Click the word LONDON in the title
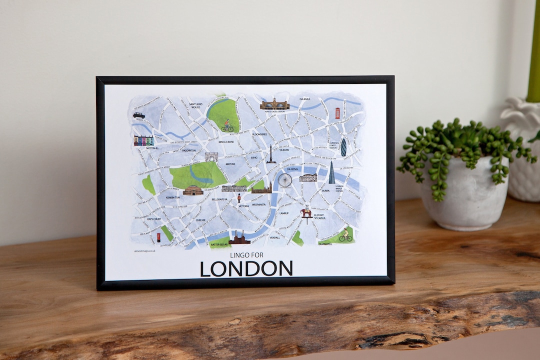[x=246, y=269]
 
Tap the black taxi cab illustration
[x=139, y=115]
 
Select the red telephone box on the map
[x=337, y=113]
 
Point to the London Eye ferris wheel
[x=285, y=180]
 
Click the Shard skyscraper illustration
[x=331, y=173]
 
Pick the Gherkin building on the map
[x=343, y=147]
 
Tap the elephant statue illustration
[x=306, y=213]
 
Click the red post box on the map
[x=158, y=237]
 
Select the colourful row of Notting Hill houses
[x=143, y=140]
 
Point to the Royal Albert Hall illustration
[x=193, y=190]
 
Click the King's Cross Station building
[x=274, y=104]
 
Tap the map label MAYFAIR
[x=230, y=163]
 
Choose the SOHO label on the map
[x=254, y=157]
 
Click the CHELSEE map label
[x=200, y=220]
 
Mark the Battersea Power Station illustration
[x=239, y=238]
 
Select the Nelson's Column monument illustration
[x=271, y=154]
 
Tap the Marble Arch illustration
[x=211, y=156]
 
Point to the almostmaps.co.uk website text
[x=145, y=251]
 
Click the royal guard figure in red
[x=239, y=198]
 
